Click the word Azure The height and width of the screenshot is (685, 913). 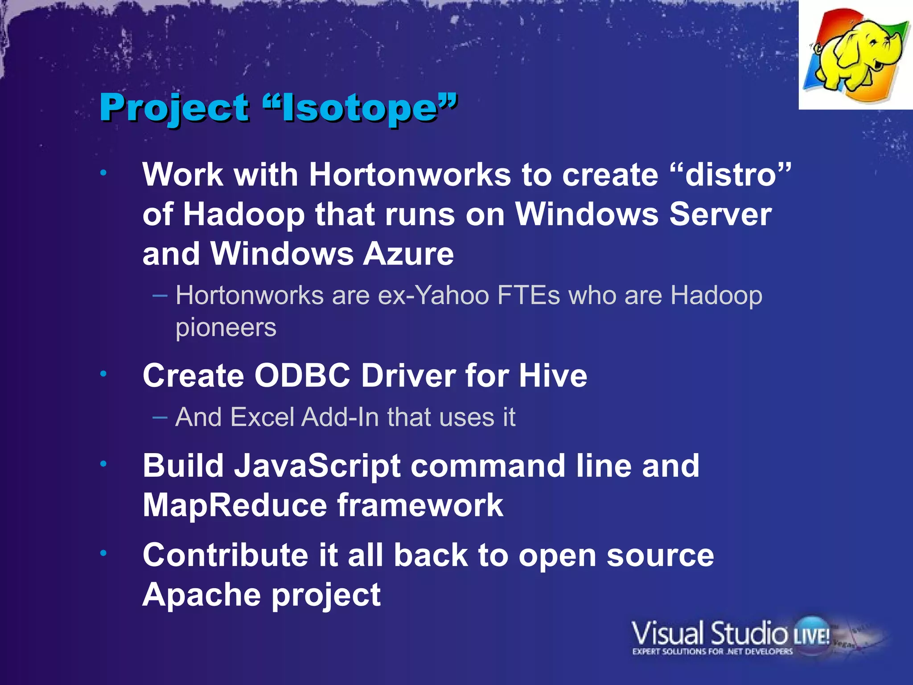point(408,254)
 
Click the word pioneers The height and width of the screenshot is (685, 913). point(226,328)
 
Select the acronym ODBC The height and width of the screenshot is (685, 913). point(302,376)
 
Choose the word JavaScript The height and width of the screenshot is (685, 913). point(317,466)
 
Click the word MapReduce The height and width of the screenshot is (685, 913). point(235,505)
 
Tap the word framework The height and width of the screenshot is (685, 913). point(420,505)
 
